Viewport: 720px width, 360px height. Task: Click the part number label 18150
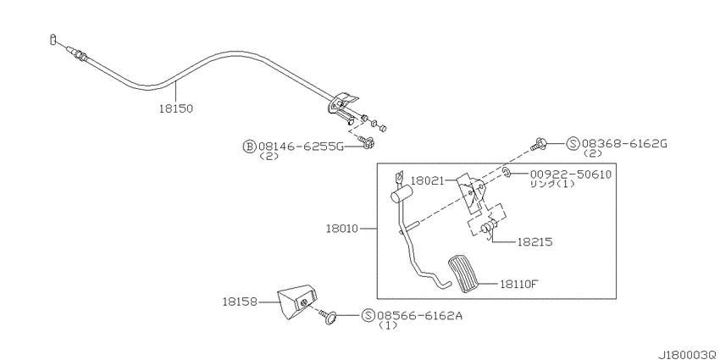pyautogui.click(x=176, y=108)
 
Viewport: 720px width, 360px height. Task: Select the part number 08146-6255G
pyautogui.click(x=302, y=147)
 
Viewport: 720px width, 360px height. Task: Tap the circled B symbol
pyautogui.click(x=248, y=147)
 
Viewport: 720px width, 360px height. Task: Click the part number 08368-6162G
pyautogui.click(x=623, y=144)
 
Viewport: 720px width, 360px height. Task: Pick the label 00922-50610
pyautogui.click(x=571, y=174)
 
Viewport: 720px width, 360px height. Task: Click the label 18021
pyautogui.click(x=427, y=181)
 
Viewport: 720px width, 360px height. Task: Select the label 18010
pyautogui.click(x=342, y=228)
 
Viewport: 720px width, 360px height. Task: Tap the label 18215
pyautogui.click(x=535, y=241)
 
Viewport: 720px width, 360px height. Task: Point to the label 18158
pyautogui.click(x=240, y=302)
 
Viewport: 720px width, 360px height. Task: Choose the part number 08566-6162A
pyautogui.click(x=420, y=315)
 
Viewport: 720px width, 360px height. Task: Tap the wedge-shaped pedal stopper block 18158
pyautogui.click(x=296, y=302)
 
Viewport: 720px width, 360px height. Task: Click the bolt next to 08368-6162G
pyautogui.click(x=539, y=144)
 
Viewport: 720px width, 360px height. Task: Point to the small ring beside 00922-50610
pyautogui.click(x=506, y=173)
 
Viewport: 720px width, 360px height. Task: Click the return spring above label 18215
pyautogui.click(x=489, y=227)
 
